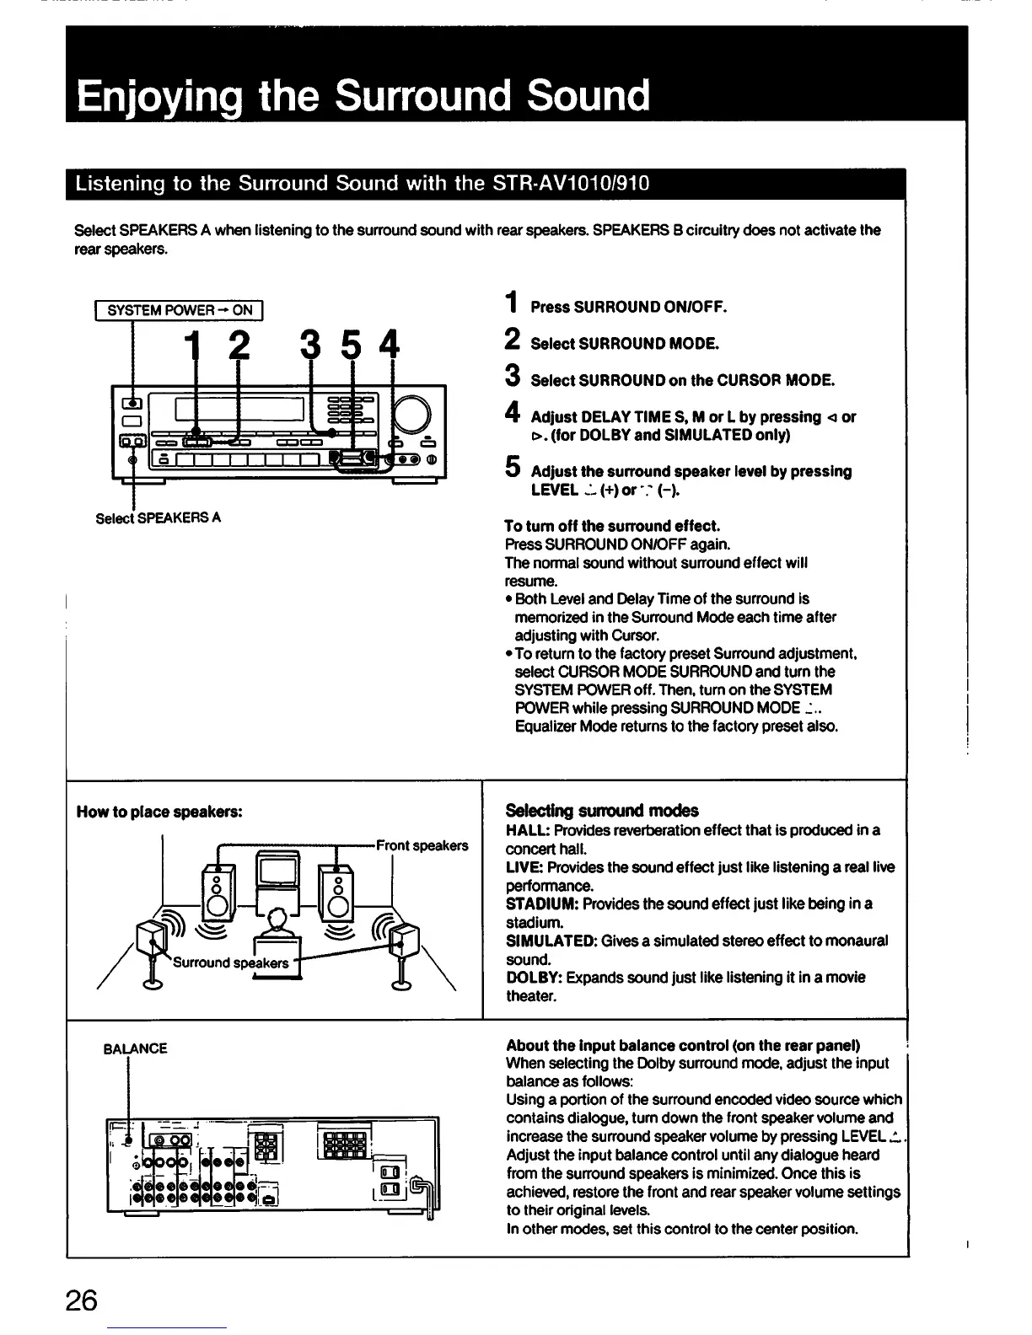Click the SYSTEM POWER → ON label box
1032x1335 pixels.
pyautogui.click(x=180, y=310)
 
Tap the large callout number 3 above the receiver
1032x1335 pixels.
pyautogui.click(x=310, y=345)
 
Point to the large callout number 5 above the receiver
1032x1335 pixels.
pyautogui.click(x=352, y=345)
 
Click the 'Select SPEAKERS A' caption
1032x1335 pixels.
pyautogui.click(x=159, y=517)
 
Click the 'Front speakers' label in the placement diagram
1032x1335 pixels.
pyautogui.click(x=422, y=845)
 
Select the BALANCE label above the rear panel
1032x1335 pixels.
pyautogui.click(x=135, y=1048)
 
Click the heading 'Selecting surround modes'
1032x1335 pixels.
pyautogui.click(x=601, y=811)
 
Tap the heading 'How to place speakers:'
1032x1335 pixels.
pyautogui.click(x=159, y=812)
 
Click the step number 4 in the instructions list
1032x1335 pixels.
pyautogui.click(x=511, y=414)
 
